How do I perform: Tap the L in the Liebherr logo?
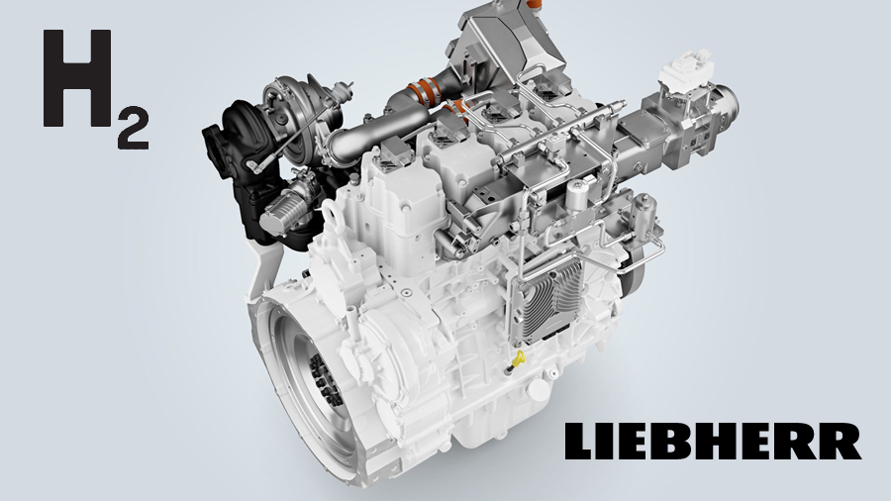(x=582, y=441)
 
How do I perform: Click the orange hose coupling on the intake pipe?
(x=426, y=92)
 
